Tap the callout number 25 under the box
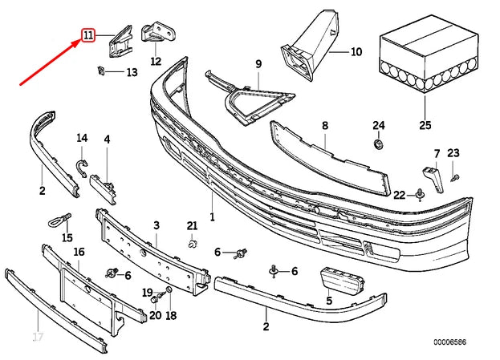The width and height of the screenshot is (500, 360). pyautogui.click(x=424, y=125)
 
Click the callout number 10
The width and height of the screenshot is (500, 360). pyautogui.click(x=356, y=51)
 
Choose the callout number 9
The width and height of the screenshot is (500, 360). pyautogui.click(x=259, y=63)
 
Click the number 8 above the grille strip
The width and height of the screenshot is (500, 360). pyautogui.click(x=325, y=125)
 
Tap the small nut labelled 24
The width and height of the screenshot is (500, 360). pyautogui.click(x=379, y=145)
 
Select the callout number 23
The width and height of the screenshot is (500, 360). pyautogui.click(x=453, y=153)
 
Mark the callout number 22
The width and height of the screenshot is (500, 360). pyautogui.click(x=399, y=195)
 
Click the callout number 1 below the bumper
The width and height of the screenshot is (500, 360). pyautogui.click(x=213, y=216)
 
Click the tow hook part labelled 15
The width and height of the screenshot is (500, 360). pyautogui.click(x=59, y=219)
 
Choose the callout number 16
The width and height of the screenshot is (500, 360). pyautogui.click(x=79, y=252)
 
